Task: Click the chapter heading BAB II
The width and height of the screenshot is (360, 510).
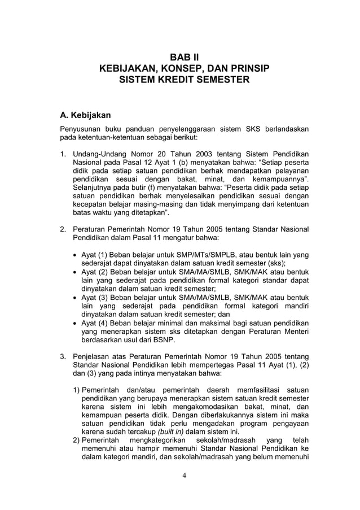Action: pos(185,57)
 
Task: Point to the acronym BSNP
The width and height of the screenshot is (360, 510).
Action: pos(161,341)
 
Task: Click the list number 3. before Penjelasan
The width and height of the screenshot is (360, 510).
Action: pos(63,357)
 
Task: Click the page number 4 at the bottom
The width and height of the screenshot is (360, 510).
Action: pos(184,474)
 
